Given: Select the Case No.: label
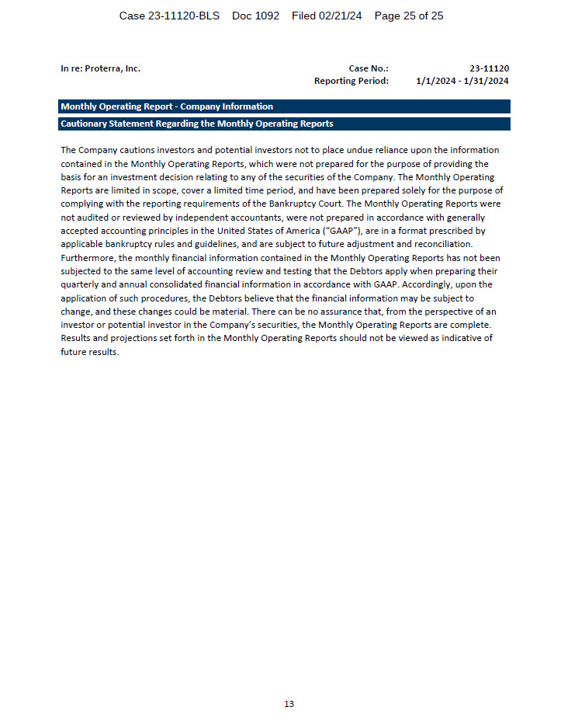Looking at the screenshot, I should point(369,68).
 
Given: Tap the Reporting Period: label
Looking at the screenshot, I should point(351,81).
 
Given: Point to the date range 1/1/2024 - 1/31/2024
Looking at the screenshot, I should point(462,81).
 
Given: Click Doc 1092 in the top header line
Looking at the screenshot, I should point(255,16).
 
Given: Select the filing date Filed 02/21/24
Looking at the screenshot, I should point(327,16).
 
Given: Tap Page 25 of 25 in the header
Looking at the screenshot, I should point(409,16).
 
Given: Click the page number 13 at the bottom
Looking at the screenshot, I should point(289,704).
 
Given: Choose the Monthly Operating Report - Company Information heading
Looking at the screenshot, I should point(167,106).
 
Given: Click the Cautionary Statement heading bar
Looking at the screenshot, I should point(197,124).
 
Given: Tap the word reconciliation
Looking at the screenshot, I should point(443,244).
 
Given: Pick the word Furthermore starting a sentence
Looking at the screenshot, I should point(88,258).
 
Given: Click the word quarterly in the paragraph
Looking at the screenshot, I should point(81,284).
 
